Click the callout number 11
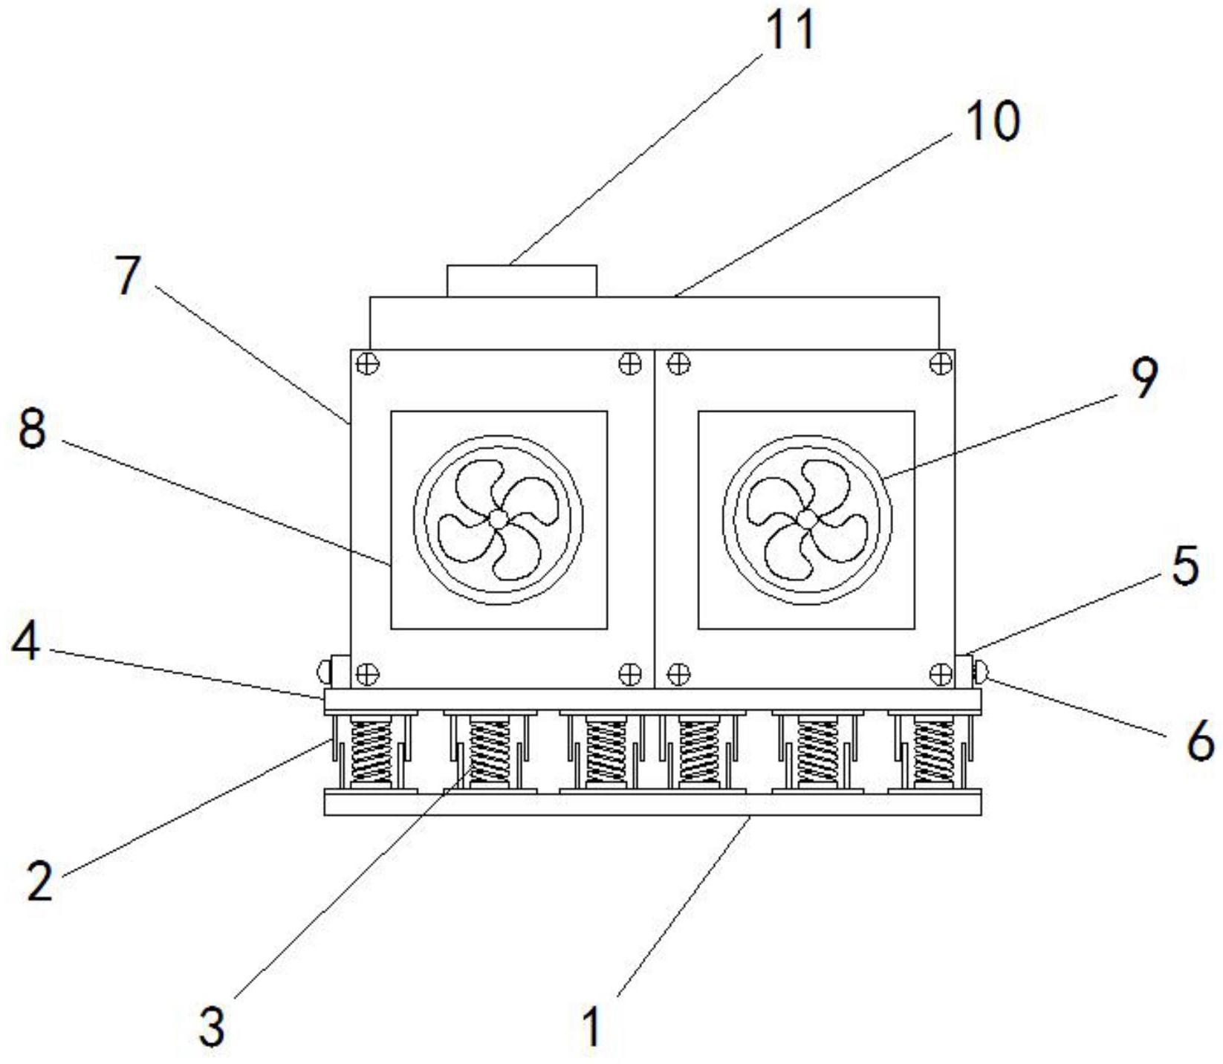coord(790,30)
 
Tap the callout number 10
coord(993,121)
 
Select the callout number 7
coord(128,276)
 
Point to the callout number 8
coord(32,429)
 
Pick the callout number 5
coord(1185,565)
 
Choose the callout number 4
coord(26,643)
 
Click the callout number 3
coord(213,1028)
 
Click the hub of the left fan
coord(499,519)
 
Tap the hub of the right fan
coord(806,519)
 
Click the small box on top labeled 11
coord(522,281)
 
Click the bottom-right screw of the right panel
coord(941,674)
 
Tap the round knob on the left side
coord(324,672)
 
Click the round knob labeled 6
coord(981,672)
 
